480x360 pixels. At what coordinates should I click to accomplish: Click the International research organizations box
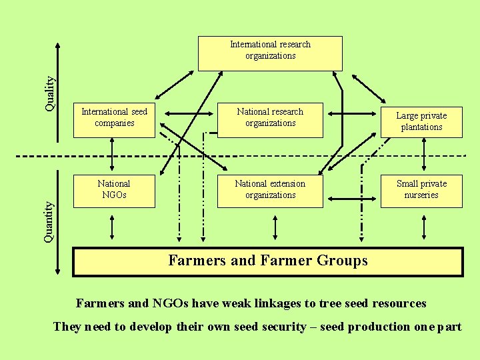270,53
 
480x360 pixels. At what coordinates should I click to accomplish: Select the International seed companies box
114,120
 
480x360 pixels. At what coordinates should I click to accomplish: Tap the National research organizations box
270,120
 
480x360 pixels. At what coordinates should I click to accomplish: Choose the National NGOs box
114,190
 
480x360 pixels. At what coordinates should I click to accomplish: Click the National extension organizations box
270,190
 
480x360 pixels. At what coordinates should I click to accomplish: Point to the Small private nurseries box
421,190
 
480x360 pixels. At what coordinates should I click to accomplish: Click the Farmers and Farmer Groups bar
267,261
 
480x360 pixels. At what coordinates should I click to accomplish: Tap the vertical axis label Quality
50,92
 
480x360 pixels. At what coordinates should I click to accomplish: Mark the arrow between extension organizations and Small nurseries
352,198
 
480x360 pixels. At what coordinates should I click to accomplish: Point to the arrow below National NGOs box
112,227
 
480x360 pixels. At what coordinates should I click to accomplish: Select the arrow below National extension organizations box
275,227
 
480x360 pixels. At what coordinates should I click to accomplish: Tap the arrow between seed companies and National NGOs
112,156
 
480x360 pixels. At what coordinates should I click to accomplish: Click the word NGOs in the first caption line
171,304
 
